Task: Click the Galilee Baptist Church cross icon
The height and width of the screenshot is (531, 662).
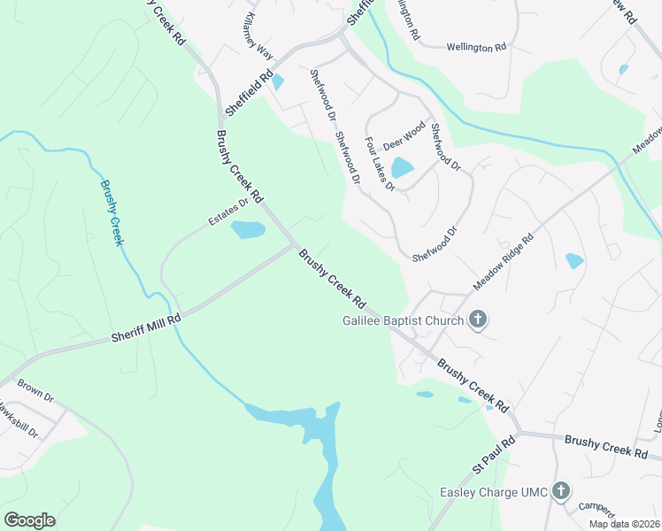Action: tap(478, 319)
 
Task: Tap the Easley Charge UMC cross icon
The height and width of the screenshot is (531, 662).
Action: tap(560, 491)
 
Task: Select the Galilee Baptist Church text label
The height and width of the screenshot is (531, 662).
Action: tap(403, 320)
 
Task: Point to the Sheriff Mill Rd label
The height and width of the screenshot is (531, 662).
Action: tap(146, 327)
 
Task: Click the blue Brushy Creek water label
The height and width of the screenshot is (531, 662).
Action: tap(111, 213)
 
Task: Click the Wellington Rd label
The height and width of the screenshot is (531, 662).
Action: tap(475, 47)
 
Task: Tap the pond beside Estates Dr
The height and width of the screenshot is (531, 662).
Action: tap(248, 230)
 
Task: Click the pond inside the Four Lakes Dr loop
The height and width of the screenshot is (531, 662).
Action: tap(402, 167)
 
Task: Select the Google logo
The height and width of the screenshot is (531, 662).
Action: tap(29, 520)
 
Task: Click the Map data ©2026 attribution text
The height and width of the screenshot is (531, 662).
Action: tap(624, 524)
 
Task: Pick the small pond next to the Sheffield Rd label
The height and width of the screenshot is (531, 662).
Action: tap(279, 82)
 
